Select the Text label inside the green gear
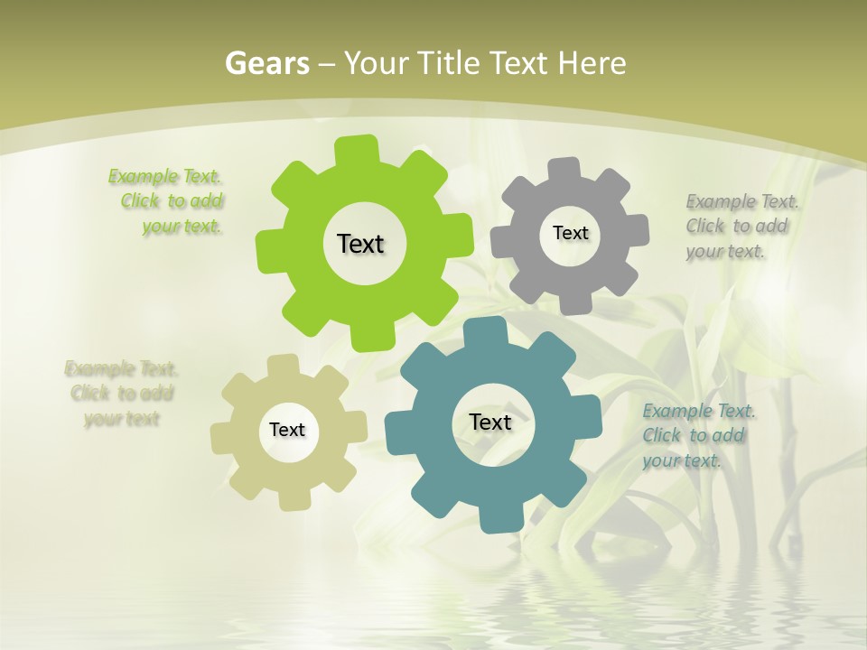tap(360, 244)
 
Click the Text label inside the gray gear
tap(570, 233)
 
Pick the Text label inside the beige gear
tap(287, 430)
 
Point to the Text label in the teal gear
tap(490, 422)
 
